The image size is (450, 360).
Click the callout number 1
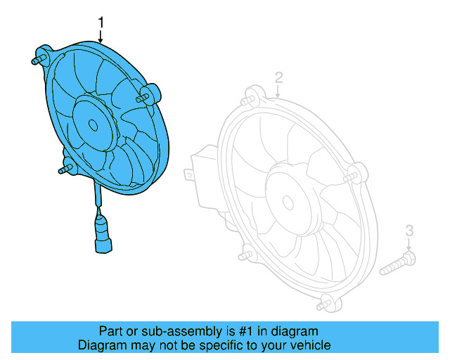[x=101, y=22]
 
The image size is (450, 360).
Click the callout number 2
[x=278, y=77]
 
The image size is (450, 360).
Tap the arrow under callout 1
[x=101, y=37]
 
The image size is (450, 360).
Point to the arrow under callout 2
[x=278, y=89]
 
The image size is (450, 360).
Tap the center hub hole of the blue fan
[x=93, y=124]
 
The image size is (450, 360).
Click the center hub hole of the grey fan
[x=287, y=200]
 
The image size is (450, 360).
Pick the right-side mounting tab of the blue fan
[x=150, y=94]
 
